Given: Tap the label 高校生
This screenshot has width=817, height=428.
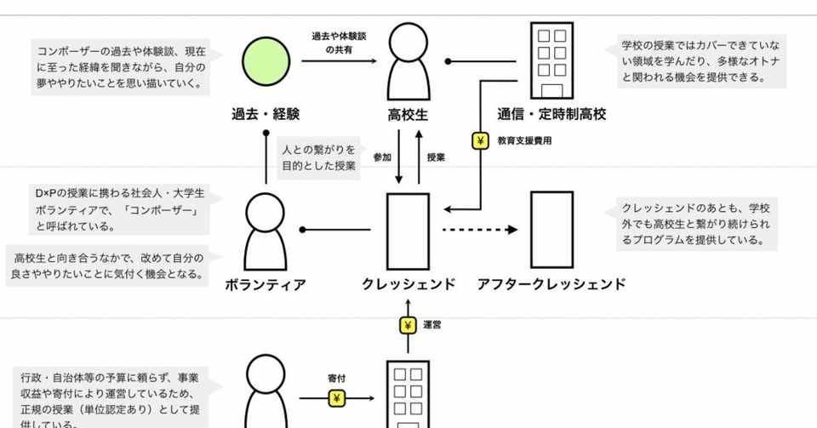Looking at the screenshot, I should [x=408, y=114].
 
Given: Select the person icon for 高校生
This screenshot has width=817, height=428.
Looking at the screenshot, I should [x=408, y=61].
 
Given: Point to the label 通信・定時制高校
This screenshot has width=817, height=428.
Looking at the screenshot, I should [x=551, y=114].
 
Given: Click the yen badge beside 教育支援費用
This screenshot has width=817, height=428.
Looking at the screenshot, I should [x=481, y=140].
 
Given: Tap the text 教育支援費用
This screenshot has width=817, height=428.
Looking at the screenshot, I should [x=525, y=141].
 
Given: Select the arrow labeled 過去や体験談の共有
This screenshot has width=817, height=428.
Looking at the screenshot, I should [x=338, y=61].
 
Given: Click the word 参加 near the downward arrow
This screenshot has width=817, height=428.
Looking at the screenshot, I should [x=382, y=157].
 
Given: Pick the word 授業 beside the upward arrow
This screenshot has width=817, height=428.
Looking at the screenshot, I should [x=436, y=157].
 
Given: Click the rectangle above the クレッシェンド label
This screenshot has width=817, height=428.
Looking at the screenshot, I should [x=408, y=231].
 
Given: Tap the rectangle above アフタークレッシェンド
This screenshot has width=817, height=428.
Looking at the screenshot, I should [x=551, y=231].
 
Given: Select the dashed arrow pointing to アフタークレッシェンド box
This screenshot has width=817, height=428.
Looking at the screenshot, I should [x=480, y=230].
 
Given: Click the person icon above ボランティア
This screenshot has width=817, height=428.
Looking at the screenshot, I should [x=266, y=231].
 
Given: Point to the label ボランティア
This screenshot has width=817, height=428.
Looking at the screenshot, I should [x=266, y=284].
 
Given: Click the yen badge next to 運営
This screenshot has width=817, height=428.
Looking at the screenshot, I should [x=408, y=324].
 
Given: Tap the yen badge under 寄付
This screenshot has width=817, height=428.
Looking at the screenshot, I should [x=337, y=398].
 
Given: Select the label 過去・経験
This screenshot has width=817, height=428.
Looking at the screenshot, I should [x=266, y=114].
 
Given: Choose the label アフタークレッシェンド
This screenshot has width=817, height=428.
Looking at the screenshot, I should [x=551, y=284].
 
